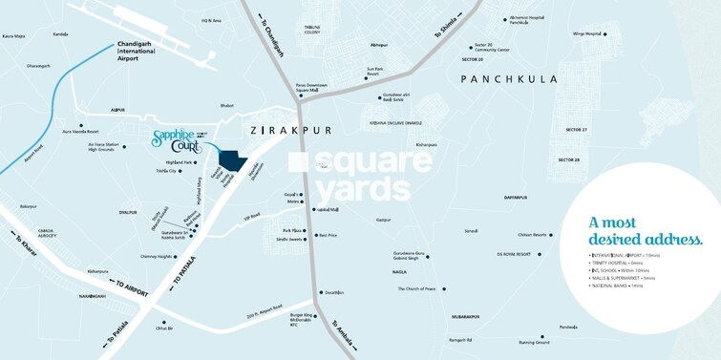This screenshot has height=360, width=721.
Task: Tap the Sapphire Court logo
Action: coord(182,141)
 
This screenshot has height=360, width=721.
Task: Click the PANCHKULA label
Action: coord(508,79)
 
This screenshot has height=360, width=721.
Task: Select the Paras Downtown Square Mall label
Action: coord(314,87)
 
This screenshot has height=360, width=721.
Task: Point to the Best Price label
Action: coord(329,235)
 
